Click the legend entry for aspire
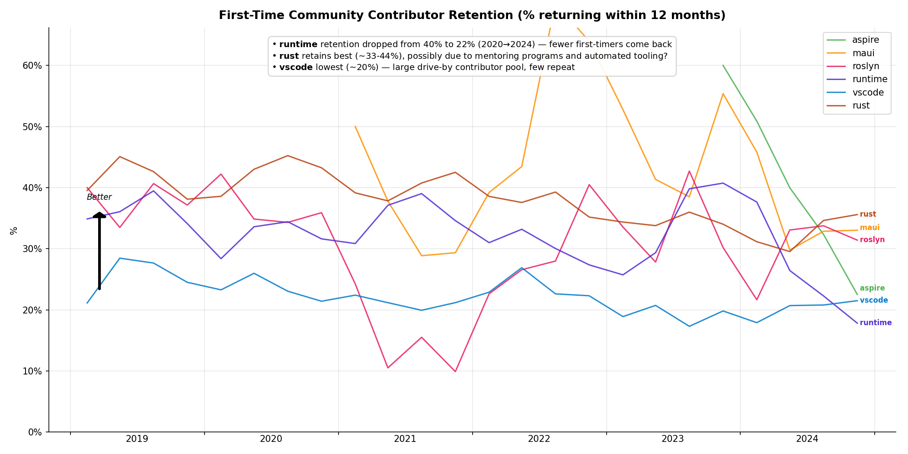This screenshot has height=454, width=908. point(865,40)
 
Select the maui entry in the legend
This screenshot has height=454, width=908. point(863,53)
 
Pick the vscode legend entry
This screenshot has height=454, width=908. point(868,93)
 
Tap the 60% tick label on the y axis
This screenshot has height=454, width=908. point(32,66)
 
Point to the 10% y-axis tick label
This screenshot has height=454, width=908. point(32,371)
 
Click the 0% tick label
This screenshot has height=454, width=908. point(35,432)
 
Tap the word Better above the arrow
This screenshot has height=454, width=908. point(99,198)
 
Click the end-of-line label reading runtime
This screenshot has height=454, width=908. point(876,323)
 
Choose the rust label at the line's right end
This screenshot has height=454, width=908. point(868,214)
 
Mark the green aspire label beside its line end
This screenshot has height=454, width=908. point(872,288)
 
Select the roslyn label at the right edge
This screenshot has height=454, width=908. point(872,240)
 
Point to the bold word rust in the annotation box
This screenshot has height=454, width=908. point(289,56)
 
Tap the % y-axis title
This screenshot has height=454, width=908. point(14,230)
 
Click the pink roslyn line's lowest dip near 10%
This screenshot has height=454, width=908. point(455,371)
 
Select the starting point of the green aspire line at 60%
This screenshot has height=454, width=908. point(723,65)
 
